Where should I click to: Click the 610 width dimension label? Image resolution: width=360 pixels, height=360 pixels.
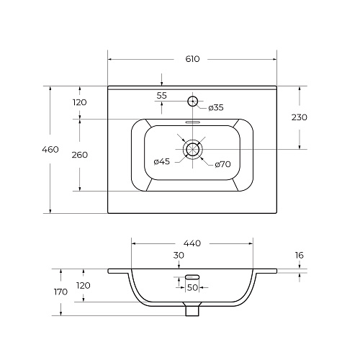pos(192,59)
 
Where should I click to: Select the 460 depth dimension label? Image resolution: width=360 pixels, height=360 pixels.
pos(50,150)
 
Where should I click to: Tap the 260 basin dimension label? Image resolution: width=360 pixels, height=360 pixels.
pos(80,155)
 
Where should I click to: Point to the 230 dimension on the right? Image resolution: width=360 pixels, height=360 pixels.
pos(300,117)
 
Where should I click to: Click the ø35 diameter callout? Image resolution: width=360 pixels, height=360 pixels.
pos(216,108)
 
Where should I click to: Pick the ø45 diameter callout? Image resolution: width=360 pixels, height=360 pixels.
pos(162,162)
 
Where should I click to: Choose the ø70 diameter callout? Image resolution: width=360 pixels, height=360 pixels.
pos(222,164)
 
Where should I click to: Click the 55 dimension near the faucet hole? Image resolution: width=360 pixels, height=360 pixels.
pos(161,96)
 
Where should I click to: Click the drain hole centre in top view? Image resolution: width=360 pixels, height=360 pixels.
pos(193,149)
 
